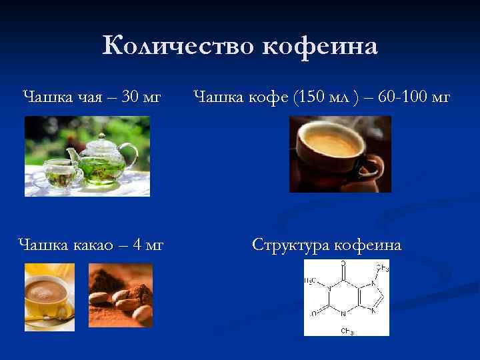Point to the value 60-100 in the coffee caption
[401, 98]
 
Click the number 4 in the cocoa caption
[137, 245]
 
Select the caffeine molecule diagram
[347, 297]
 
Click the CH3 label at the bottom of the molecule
[347, 331]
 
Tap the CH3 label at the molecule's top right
[382, 268]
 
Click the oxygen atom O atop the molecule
[343, 263]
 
